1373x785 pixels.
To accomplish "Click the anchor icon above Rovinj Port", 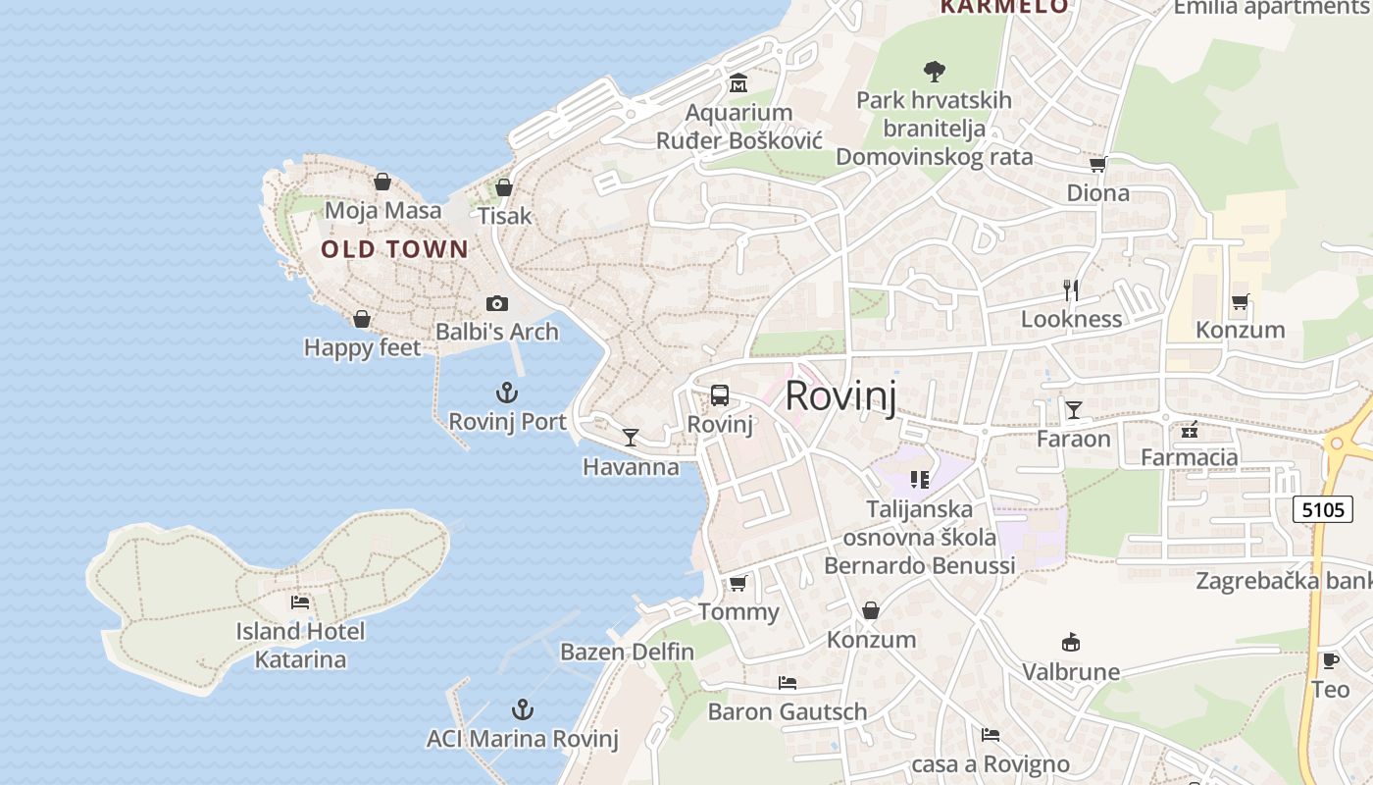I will coord(506,393).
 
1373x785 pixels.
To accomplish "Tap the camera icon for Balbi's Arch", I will coord(497,304).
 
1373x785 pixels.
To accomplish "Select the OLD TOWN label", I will coord(395,249).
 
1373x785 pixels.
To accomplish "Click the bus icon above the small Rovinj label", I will coord(719,395).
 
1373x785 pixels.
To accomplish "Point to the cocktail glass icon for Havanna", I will coord(631,437).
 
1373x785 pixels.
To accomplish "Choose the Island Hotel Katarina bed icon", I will coord(300,602).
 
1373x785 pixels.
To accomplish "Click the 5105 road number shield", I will coord(1318,510).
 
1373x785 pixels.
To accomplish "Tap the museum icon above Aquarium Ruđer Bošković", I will coord(738,82).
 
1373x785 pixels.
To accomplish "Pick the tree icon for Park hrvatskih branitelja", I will coord(934,71).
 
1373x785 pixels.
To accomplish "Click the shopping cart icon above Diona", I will coord(1097,164).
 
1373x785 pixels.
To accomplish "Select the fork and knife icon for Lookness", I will coord(1071,289).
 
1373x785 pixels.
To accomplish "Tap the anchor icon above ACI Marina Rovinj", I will coord(523,709).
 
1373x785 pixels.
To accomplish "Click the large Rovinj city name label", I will coord(840,395).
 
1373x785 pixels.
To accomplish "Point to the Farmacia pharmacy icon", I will coord(1190,429).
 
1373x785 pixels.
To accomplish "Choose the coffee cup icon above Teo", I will coord(1330,660).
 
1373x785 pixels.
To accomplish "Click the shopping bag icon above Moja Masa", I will coord(382,182).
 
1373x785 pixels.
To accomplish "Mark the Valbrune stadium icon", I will coord(1071,643).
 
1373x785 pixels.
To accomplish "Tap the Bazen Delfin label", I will coord(627,652).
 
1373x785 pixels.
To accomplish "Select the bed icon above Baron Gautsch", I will coord(787,683).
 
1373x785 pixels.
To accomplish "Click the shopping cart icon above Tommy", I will coord(737,584).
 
